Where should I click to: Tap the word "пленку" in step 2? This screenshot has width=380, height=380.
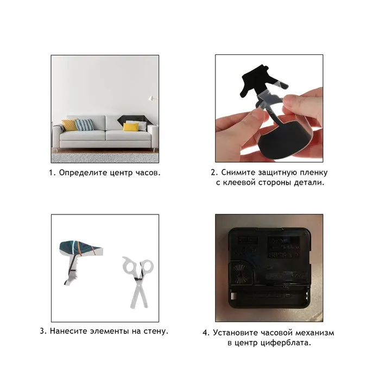(314, 172)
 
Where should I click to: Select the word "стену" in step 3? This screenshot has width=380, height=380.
(156, 331)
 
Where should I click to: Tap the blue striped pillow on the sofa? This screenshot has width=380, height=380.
(84, 125)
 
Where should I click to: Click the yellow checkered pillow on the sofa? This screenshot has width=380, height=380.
(69, 125)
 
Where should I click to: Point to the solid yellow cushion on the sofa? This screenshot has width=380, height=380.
(131, 126)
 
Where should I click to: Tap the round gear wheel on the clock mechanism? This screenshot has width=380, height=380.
(239, 273)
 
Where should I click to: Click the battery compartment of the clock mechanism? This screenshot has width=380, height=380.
(270, 298)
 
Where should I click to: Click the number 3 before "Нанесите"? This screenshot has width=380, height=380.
(42, 331)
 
